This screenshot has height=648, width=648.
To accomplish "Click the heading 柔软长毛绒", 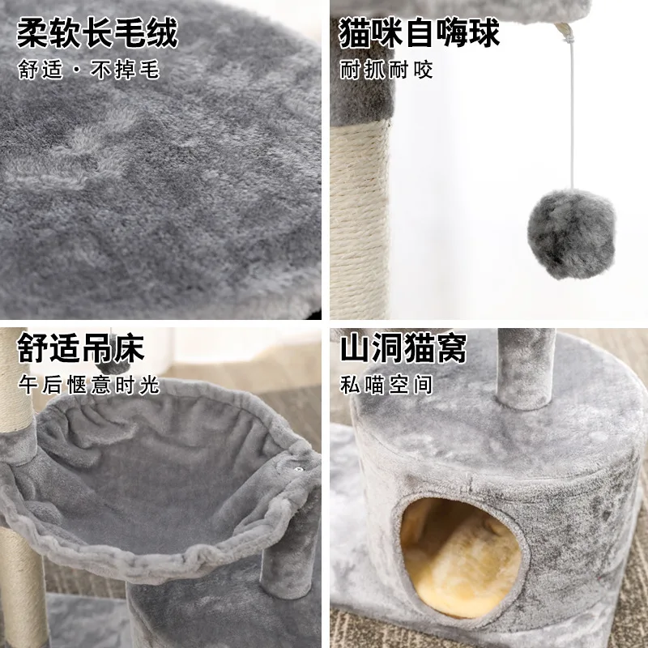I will (96, 34).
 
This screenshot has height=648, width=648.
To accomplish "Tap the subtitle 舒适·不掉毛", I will (88, 70).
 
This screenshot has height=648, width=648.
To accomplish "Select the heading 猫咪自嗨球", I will (419, 34).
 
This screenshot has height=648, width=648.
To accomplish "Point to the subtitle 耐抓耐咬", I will (386, 69).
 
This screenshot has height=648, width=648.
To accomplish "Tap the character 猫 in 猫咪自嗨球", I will (354, 34).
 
